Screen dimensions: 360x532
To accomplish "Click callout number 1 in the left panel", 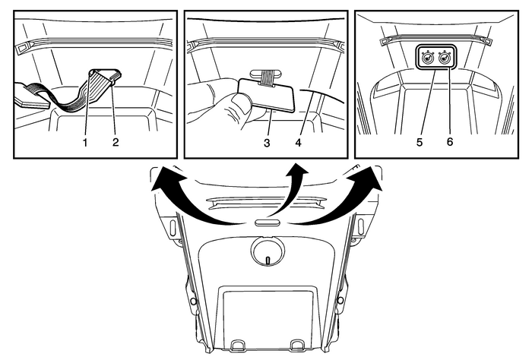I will point(85,141).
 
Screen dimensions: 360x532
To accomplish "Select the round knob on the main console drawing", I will point(268,250).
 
